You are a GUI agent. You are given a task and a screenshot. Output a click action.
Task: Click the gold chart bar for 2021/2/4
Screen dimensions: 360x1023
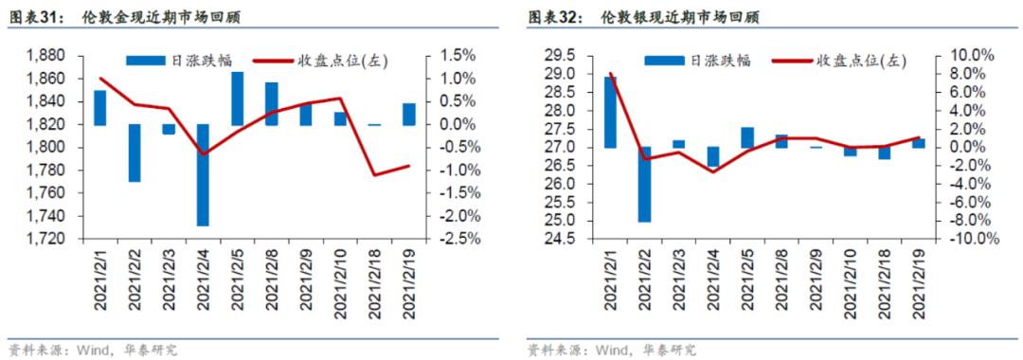203,174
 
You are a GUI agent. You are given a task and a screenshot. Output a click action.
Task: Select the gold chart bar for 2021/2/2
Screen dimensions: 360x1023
135,153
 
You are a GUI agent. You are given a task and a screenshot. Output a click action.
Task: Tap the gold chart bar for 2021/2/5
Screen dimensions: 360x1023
238,99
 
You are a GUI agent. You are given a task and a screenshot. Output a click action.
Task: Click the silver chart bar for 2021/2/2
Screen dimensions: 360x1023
644,184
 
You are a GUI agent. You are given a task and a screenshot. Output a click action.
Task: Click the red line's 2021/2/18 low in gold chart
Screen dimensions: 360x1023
375,174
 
